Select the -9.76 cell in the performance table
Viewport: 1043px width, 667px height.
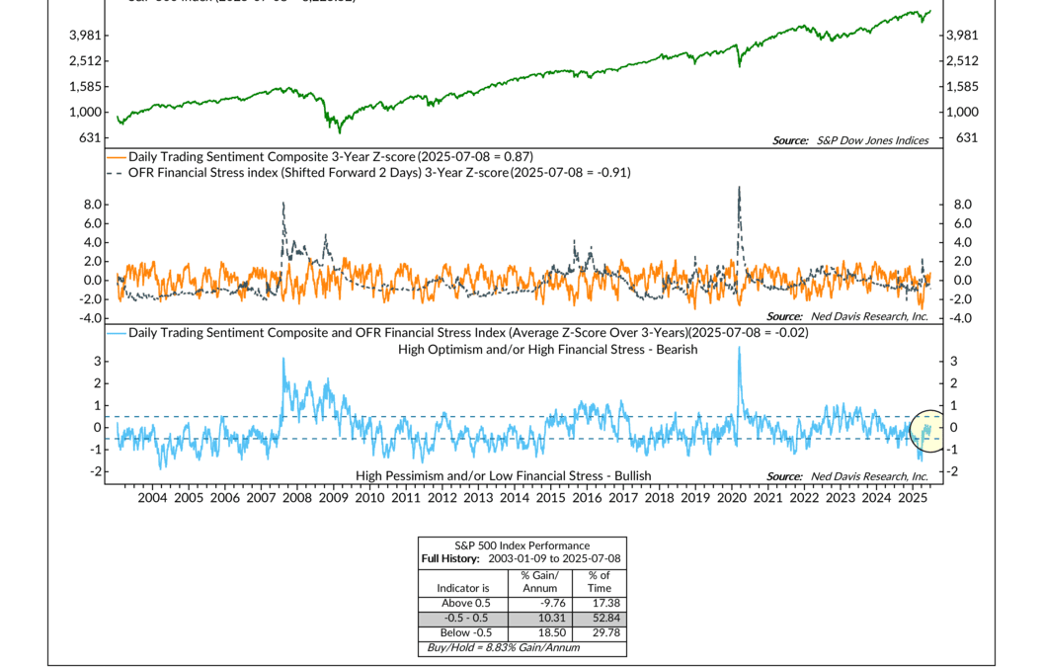538,604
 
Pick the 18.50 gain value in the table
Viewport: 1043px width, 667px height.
538,632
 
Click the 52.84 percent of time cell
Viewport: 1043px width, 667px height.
600,619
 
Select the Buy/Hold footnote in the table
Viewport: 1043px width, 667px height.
502,647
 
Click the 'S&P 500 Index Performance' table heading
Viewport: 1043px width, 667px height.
521,545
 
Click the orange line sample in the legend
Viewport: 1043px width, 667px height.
117,156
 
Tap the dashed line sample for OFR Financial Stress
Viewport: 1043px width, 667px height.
117,172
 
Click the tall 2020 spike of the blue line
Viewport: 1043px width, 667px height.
739,349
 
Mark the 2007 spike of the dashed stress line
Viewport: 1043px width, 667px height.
283,205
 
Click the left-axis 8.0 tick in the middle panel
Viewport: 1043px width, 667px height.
94,205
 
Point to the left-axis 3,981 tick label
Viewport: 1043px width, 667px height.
86,36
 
